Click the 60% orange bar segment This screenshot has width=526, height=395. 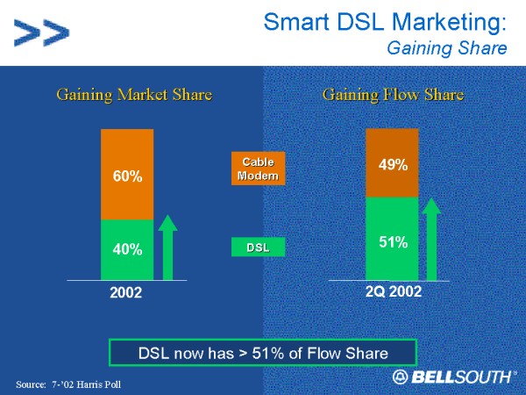point(127,175)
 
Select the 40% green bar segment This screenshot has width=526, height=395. point(127,249)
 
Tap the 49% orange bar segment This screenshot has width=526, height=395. point(392,163)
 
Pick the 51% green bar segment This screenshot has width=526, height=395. point(392,238)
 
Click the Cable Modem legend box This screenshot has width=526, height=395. point(258,169)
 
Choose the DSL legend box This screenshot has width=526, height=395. point(258,248)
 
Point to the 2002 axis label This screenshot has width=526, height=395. point(125,292)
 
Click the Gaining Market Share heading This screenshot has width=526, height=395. point(134,94)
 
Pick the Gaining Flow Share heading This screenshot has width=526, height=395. point(393,94)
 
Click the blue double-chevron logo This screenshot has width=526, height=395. point(41,33)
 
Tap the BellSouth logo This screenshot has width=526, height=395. point(452,377)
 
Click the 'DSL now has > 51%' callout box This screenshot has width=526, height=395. point(262,353)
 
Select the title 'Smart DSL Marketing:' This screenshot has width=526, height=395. point(385,21)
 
